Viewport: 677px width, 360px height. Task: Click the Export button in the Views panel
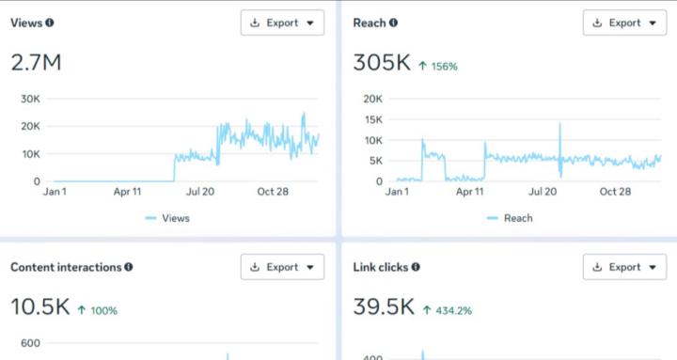(x=282, y=23)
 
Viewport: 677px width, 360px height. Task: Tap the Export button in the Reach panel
(x=624, y=23)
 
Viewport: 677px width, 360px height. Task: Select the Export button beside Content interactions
(x=282, y=267)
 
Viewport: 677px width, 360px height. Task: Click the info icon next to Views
(x=50, y=23)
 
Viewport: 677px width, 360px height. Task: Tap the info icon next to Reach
(x=393, y=23)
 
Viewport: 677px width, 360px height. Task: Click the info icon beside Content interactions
(x=129, y=267)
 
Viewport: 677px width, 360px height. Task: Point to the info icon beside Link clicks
(x=416, y=267)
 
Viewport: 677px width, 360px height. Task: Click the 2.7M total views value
(x=36, y=63)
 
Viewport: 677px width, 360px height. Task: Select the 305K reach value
(x=381, y=63)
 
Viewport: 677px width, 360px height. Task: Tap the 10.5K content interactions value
(x=39, y=307)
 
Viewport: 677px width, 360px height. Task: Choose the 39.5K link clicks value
(x=383, y=307)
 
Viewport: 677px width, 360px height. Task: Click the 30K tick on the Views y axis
(x=30, y=99)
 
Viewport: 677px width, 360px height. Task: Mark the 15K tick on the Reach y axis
(x=372, y=119)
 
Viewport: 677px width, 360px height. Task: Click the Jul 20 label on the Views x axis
(x=200, y=192)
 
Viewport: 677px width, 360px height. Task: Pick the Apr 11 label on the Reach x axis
(x=470, y=192)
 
